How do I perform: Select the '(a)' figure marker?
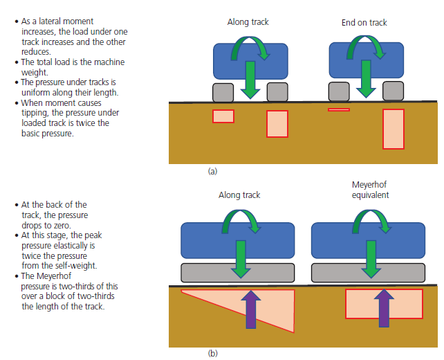click(212, 170)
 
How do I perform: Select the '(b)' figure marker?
click(212, 353)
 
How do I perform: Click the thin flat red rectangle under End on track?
click(339, 109)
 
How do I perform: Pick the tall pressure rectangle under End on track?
click(393, 129)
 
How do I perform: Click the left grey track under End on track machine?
click(339, 91)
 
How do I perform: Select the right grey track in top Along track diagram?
click(277, 91)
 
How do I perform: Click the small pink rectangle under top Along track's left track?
click(223, 116)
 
